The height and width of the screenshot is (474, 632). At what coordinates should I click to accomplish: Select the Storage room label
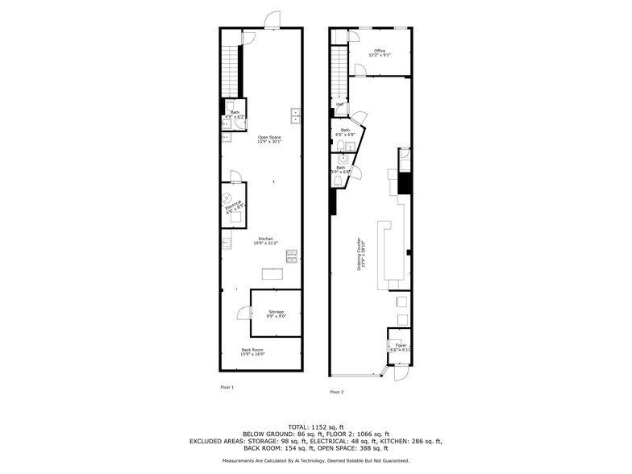(x=276, y=313)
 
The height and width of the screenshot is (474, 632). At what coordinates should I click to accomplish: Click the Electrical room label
(x=234, y=206)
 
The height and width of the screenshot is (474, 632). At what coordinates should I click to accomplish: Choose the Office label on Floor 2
(x=380, y=52)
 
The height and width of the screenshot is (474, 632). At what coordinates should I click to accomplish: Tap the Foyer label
(x=400, y=347)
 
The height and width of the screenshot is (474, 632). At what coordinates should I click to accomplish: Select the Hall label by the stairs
(x=340, y=105)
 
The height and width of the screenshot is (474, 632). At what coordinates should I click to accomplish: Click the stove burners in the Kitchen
(x=291, y=257)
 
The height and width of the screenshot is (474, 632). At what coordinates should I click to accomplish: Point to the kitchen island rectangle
(x=272, y=275)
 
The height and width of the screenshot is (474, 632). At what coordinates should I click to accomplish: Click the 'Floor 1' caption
(x=227, y=388)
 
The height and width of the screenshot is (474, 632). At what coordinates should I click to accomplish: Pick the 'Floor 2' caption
(x=336, y=392)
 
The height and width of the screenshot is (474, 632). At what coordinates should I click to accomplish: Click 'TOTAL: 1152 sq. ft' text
(x=316, y=426)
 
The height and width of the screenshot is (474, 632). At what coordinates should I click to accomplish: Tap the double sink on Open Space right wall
(x=296, y=115)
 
